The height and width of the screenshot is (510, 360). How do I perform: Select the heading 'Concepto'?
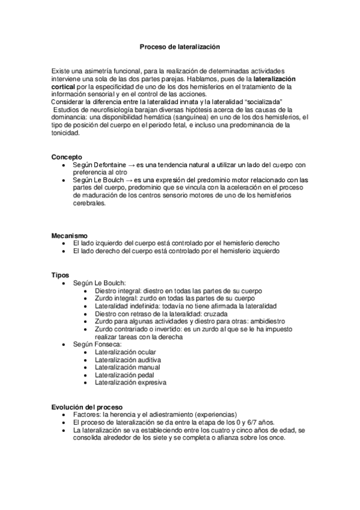click(x=67, y=157)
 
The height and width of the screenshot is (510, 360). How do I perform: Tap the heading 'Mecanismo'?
click(x=70, y=235)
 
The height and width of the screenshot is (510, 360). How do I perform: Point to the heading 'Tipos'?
click(x=60, y=275)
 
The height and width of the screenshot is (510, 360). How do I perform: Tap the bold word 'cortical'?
click(x=64, y=87)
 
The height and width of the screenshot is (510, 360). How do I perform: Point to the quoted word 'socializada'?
click(x=265, y=102)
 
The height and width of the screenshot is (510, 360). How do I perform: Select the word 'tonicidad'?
click(x=66, y=134)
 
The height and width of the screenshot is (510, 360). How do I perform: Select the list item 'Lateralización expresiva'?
click(x=130, y=382)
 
